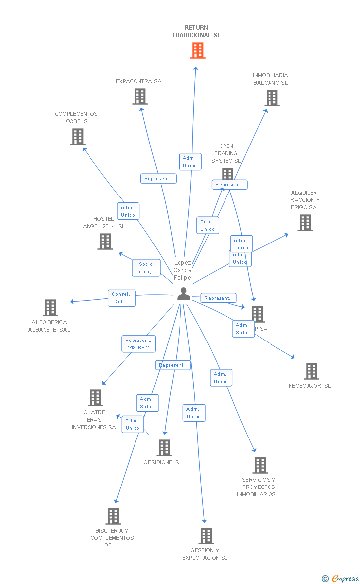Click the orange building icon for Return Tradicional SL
(198, 50)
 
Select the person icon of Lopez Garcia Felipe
(183, 294)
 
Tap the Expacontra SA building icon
(140, 97)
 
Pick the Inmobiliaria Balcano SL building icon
(271, 98)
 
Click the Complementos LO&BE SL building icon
(78, 137)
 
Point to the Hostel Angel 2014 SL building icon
(105, 242)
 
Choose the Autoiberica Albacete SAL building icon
(50, 308)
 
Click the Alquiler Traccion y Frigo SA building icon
(305, 223)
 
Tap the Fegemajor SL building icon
(311, 371)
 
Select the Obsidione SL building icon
(164, 448)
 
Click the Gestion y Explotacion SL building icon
(206, 536)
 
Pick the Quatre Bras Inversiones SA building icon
(95, 398)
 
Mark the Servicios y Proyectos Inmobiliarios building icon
(260, 465)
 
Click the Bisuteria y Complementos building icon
(113, 516)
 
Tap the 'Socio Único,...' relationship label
(146, 268)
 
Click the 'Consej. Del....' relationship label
(122, 298)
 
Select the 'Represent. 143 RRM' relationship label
(138, 344)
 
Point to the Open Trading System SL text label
(226, 153)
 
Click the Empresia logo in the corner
(341, 578)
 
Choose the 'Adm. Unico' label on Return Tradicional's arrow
(190, 162)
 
